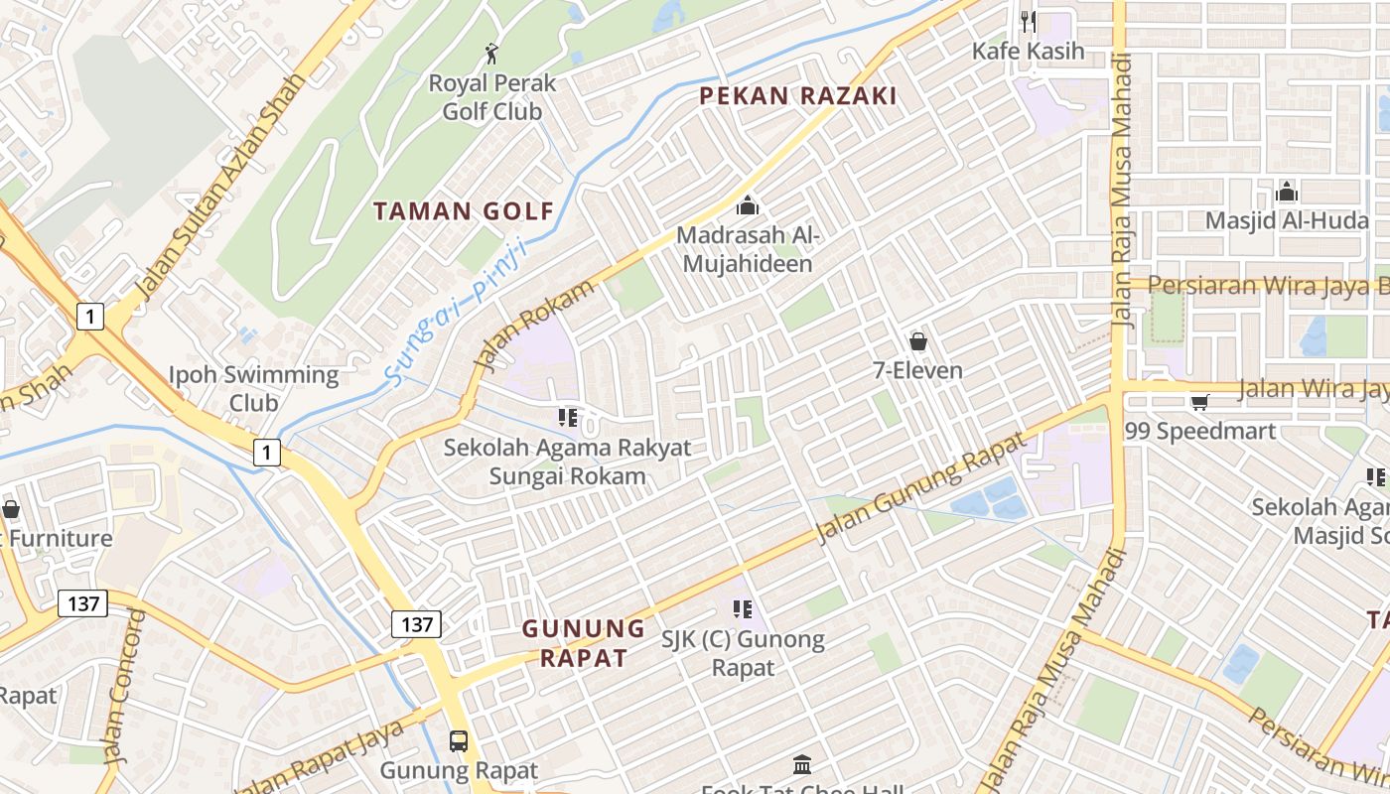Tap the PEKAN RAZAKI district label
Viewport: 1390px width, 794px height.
pyautogui.click(x=797, y=96)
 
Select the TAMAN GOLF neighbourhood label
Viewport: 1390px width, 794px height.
pyautogui.click(x=463, y=210)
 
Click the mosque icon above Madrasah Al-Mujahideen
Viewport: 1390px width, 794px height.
pyautogui.click(x=747, y=206)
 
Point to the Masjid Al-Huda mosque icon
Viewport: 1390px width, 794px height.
pyautogui.click(x=1287, y=192)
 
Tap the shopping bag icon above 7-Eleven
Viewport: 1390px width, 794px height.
pyautogui.click(x=918, y=341)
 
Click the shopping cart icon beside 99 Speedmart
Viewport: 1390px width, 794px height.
pyautogui.click(x=1199, y=402)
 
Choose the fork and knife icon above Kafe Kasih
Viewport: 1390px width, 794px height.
pyautogui.click(x=1028, y=20)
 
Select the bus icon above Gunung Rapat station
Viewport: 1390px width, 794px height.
pyautogui.click(x=458, y=740)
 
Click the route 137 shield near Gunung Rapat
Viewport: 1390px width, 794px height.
pyautogui.click(x=416, y=624)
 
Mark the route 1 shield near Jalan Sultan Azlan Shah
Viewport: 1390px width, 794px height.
pyautogui.click(x=89, y=317)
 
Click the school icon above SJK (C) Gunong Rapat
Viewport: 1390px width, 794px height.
pyautogui.click(x=742, y=608)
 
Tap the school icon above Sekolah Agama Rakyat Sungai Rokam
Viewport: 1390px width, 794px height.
pyautogui.click(x=567, y=418)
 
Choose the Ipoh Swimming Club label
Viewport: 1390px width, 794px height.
pyautogui.click(x=253, y=388)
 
